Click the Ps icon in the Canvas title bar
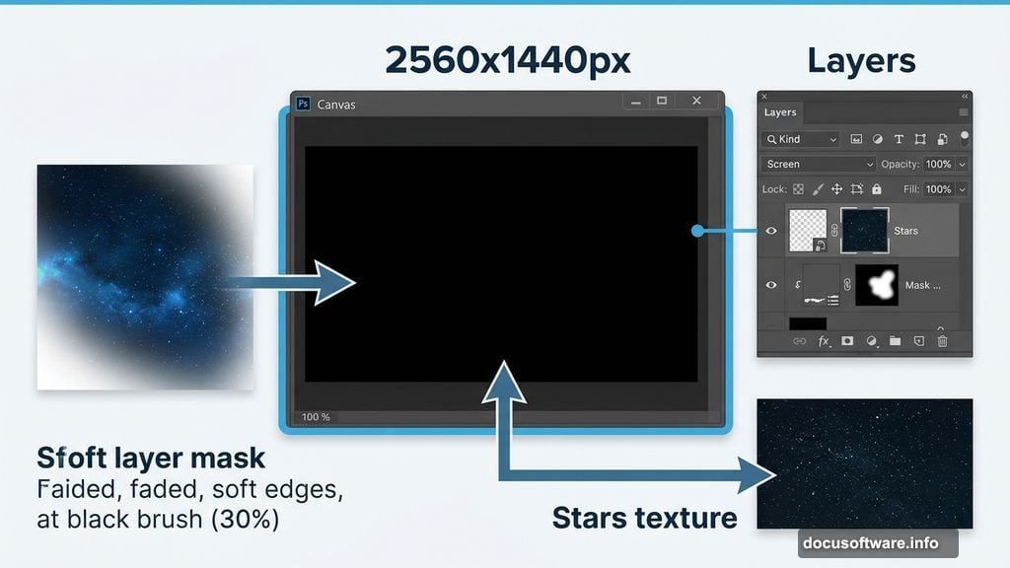click(304, 104)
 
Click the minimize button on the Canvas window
click(635, 101)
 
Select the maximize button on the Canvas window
click(662, 101)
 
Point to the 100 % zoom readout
click(316, 417)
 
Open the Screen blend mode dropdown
click(818, 164)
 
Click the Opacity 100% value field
click(938, 164)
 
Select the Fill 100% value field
click(938, 188)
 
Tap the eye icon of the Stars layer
click(771, 231)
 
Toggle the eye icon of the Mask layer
click(771, 285)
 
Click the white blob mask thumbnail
click(877, 285)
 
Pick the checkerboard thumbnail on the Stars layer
click(808, 231)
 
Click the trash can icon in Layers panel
click(942, 341)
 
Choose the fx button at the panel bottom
click(824, 341)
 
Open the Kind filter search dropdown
click(800, 139)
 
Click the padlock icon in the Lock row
click(876, 188)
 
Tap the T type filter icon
click(899, 139)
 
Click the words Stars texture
click(644, 517)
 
